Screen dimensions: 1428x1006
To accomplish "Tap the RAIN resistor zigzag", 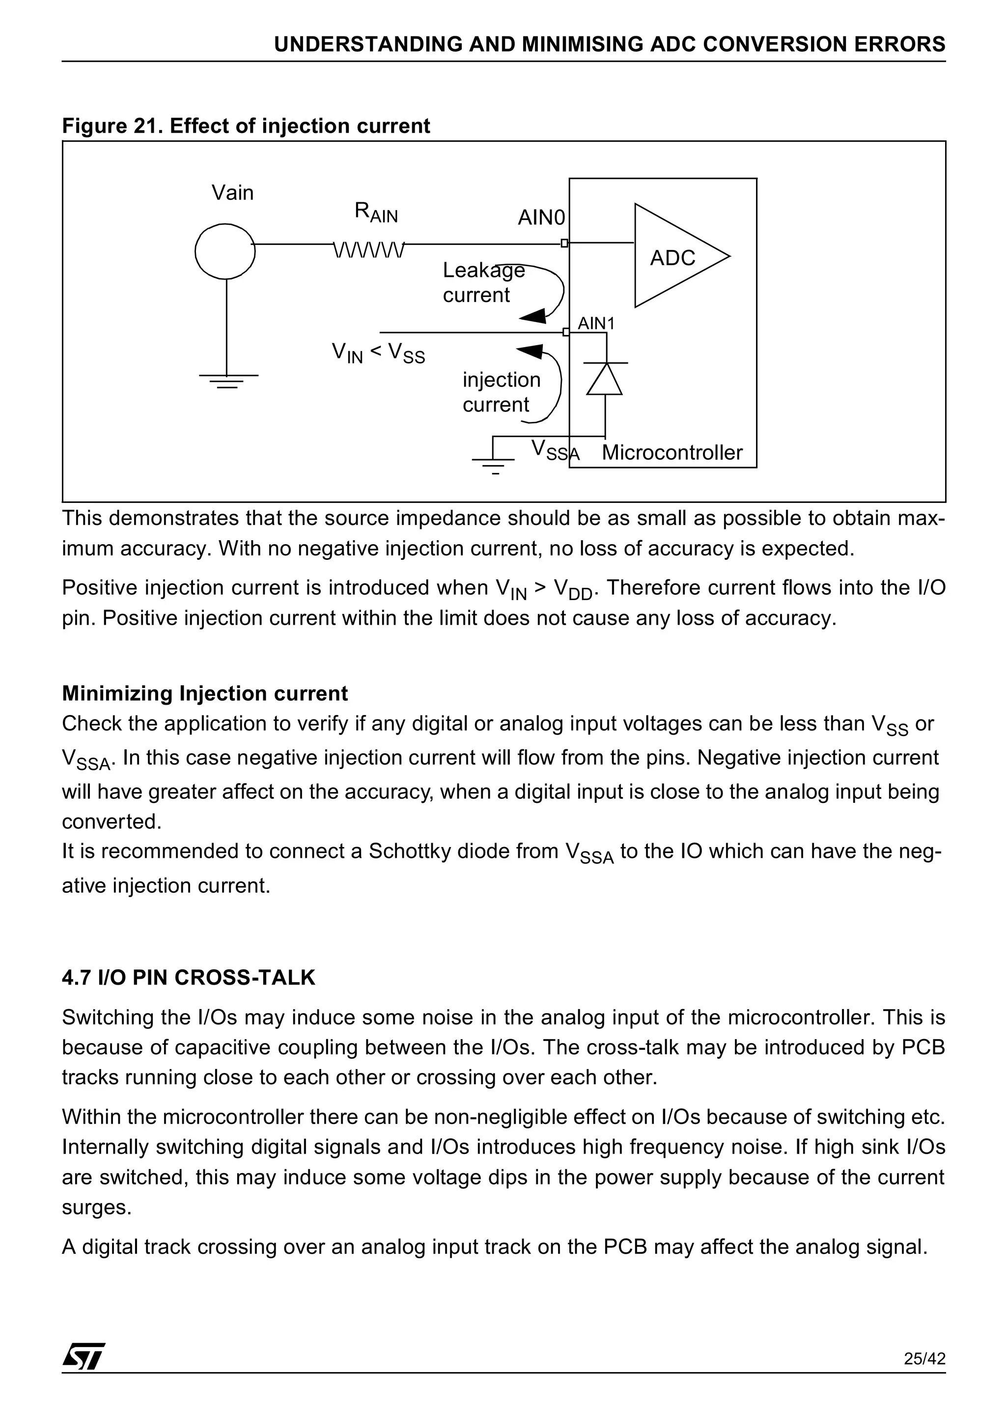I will [x=369, y=250].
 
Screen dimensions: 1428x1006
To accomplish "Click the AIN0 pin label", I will [x=541, y=218].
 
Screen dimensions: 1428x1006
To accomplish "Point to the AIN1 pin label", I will [x=595, y=324].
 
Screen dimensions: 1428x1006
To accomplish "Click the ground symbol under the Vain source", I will [x=228, y=381].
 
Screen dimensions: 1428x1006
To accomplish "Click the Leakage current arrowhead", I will [x=533, y=317].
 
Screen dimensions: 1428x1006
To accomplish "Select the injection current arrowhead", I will [x=531, y=352].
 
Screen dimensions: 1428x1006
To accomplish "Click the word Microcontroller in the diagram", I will [x=671, y=453].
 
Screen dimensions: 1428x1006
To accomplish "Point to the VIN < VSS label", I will [x=378, y=353].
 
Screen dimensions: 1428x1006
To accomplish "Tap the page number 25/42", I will [x=924, y=1376].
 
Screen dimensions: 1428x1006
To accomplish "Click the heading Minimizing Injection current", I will [x=205, y=693].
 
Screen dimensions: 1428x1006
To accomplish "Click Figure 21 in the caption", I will [x=112, y=126].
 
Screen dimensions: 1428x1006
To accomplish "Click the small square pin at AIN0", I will [x=564, y=243].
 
